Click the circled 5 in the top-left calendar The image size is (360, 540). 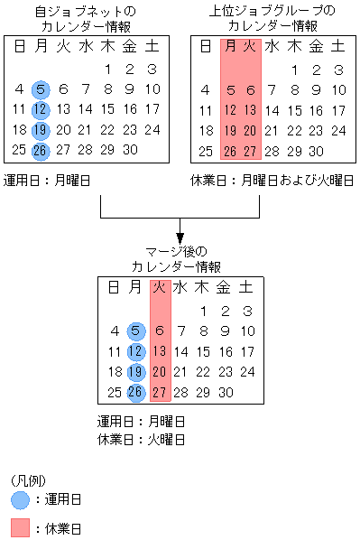tap(41, 88)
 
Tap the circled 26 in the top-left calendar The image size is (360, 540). tap(41, 150)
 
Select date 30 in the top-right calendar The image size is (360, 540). tap(315, 150)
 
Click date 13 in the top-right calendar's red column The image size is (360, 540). tap(251, 109)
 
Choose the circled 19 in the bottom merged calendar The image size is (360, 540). tap(135, 371)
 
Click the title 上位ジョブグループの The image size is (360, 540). tap(272, 11)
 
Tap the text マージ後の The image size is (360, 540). tap(180, 252)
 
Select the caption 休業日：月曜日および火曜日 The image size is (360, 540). tap(272, 180)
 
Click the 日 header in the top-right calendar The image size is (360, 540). tap(207, 46)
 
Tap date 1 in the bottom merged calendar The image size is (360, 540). tap(201, 310)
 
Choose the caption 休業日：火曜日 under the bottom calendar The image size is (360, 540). tap(141, 439)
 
